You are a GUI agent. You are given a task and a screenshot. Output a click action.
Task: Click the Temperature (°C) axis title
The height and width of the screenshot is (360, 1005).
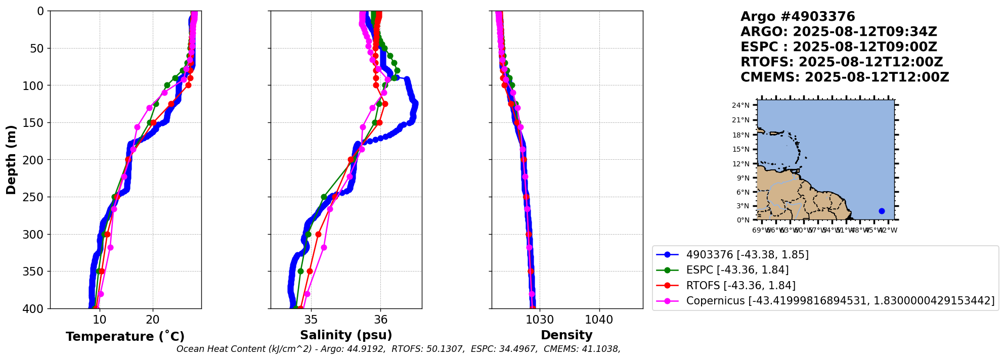125,337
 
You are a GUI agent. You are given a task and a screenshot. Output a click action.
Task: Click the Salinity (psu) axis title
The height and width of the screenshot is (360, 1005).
346,335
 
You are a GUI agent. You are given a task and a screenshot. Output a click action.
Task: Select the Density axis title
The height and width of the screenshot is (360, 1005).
566,335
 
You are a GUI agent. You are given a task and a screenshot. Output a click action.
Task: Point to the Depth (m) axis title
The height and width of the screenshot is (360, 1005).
11,160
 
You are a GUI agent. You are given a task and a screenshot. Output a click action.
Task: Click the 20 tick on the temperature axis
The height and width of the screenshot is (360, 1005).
153,320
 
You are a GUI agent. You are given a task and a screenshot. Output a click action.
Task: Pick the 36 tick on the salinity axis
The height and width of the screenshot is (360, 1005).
380,320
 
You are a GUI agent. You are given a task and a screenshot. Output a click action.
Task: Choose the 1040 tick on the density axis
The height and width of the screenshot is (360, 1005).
599,320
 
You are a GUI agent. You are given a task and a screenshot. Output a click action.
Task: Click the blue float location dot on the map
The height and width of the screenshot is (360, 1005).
882,211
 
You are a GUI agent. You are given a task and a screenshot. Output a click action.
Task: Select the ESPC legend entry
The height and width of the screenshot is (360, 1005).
737,271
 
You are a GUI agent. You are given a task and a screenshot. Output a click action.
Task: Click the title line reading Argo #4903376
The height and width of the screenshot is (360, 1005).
798,17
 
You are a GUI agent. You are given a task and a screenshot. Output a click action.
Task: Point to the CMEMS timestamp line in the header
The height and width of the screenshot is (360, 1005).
845,77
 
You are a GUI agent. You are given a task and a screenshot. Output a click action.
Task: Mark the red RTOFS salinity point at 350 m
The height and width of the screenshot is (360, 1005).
310,271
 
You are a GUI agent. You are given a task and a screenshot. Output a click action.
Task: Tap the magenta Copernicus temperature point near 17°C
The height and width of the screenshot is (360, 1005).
137,127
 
